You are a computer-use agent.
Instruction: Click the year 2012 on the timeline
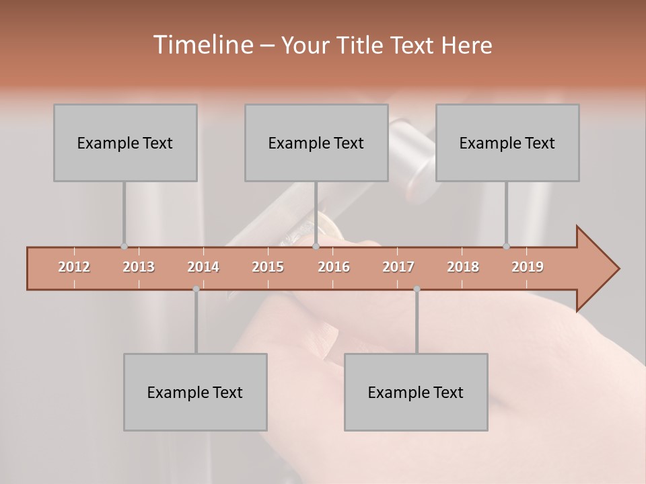click(x=74, y=267)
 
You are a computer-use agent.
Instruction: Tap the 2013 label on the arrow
click(x=139, y=267)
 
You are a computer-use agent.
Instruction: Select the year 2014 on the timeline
click(x=203, y=267)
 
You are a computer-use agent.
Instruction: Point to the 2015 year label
click(x=268, y=267)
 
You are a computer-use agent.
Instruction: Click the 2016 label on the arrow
click(x=334, y=267)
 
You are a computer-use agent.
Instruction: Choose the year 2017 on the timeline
click(x=398, y=267)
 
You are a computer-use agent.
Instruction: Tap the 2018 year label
click(x=463, y=267)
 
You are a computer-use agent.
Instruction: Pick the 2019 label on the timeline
click(x=528, y=267)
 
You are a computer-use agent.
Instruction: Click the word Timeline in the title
click(x=202, y=45)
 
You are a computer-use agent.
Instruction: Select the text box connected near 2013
click(x=125, y=143)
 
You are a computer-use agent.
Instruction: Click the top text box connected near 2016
click(x=316, y=143)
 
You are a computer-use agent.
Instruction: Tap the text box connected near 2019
click(x=507, y=143)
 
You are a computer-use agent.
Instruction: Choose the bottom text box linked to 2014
click(x=195, y=392)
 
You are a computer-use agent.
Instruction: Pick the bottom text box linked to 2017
click(x=416, y=392)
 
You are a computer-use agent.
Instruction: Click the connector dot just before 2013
click(x=124, y=247)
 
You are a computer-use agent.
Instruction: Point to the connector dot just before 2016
click(x=316, y=247)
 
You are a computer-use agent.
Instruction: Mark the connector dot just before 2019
click(x=506, y=247)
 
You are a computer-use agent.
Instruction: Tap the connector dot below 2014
click(x=196, y=289)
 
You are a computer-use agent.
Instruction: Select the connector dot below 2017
click(x=417, y=289)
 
